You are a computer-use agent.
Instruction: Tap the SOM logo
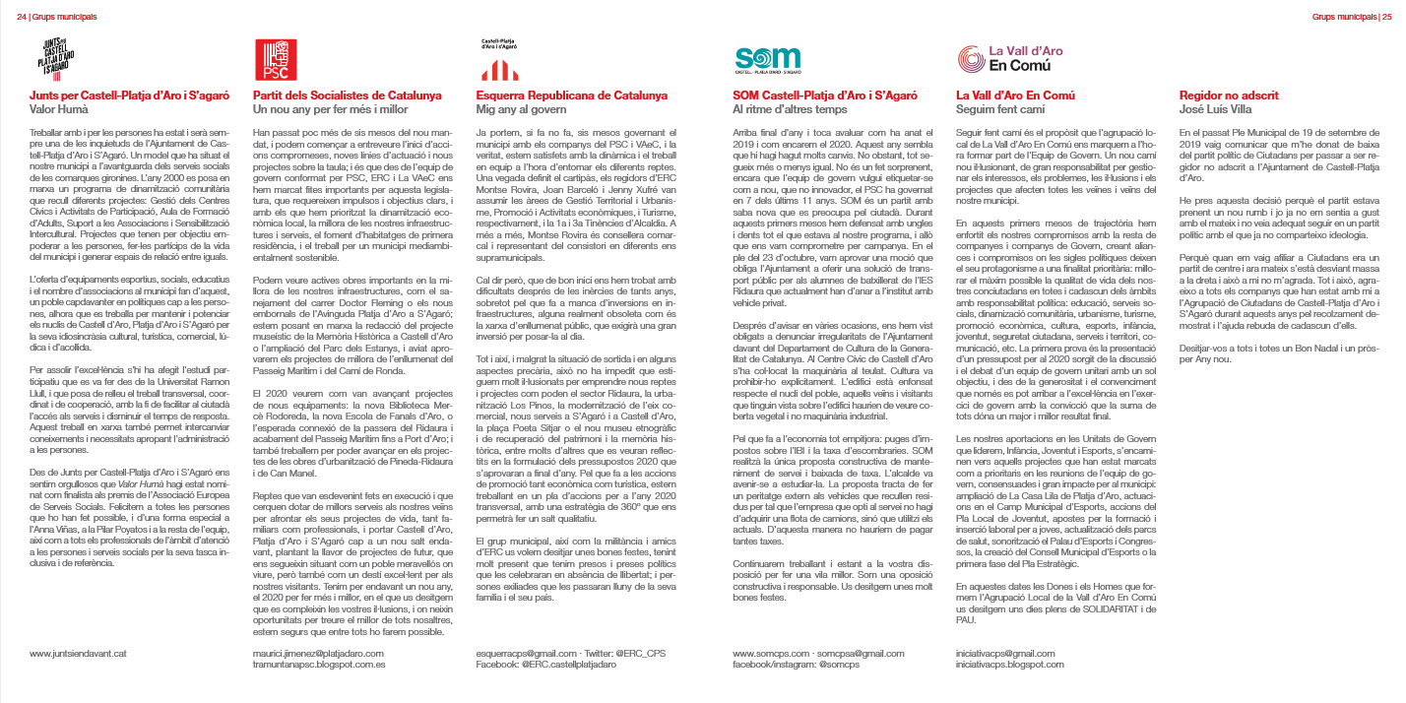point(769,58)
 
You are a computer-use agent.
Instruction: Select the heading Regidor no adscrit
point(1229,96)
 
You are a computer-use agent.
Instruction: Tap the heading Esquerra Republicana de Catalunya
point(572,96)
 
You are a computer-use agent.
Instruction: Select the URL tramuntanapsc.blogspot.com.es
point(319,665)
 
